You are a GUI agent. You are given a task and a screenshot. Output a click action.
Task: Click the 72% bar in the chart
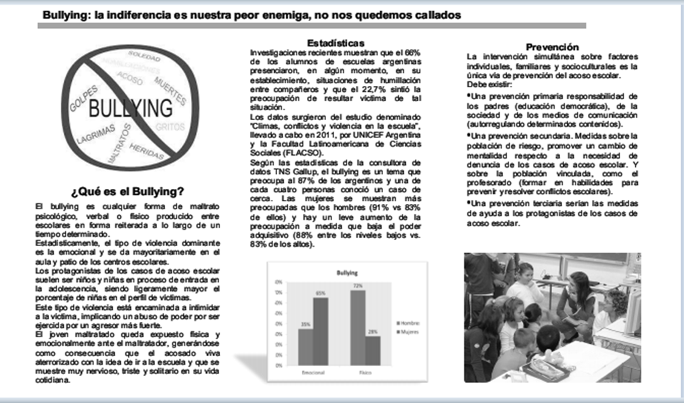click(x=357, y=327)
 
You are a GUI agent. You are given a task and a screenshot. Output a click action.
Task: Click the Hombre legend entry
click(x=410, y=323)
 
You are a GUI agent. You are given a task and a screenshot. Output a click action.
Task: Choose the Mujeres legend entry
click(x=410, y=331)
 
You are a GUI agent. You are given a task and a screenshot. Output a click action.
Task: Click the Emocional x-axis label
click(x=313, y=371)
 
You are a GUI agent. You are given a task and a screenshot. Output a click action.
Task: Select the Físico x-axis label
click(x=365, y=371)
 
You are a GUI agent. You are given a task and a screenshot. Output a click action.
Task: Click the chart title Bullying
click(x=347, y=273)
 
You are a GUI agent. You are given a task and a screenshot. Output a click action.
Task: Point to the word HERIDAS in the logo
click(x=147, y=146)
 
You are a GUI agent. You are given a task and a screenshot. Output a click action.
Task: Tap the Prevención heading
click(x=552, y=47)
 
